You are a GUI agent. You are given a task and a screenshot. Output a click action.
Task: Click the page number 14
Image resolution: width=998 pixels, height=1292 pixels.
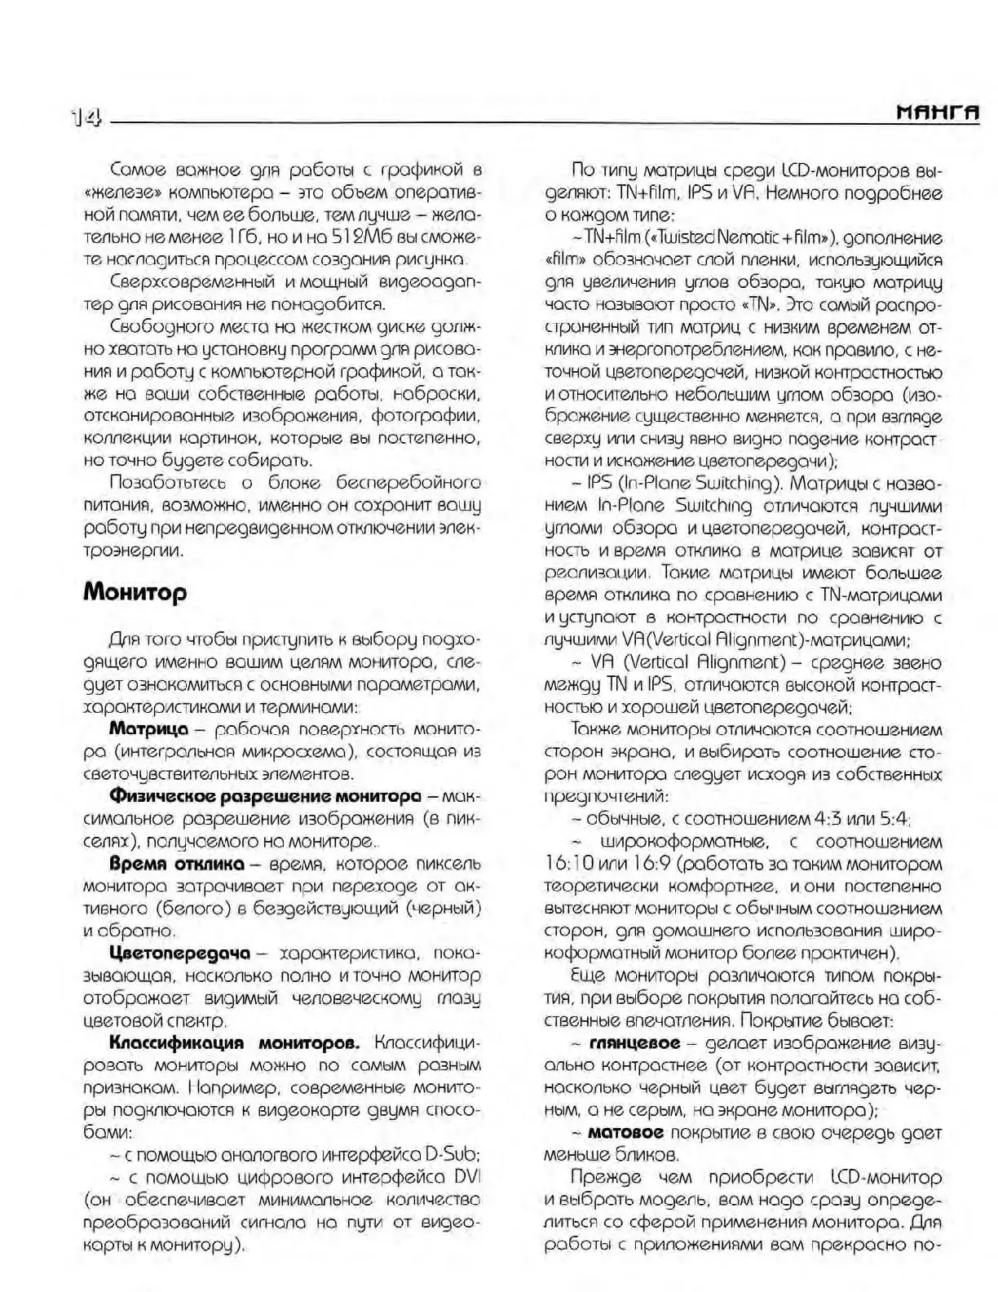(x=86, y=119)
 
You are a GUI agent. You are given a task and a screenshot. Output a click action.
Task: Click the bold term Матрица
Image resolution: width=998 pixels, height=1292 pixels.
(x=148, y=728)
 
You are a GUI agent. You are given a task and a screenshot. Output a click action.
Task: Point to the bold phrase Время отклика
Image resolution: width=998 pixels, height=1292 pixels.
(x=177, y=863)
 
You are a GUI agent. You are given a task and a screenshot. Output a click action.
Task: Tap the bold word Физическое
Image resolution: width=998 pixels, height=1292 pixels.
(x=166, y=795)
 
